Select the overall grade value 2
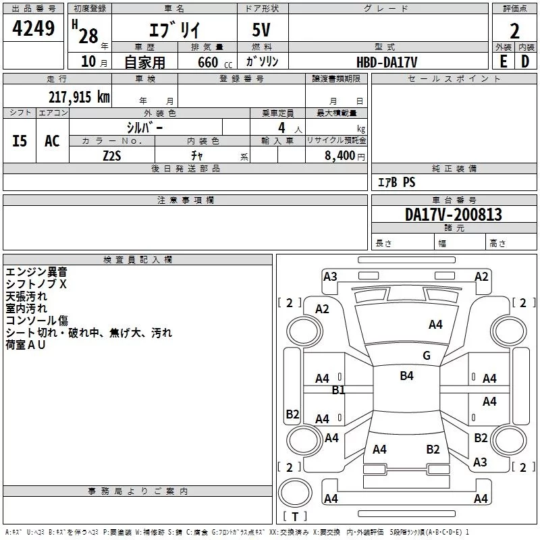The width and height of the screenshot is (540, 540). (x=514, y=30)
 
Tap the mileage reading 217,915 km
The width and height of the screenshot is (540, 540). (x=79, y=97)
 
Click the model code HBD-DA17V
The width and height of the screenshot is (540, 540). (x=387, y=61)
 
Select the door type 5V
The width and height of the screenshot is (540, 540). (x=263, y=30)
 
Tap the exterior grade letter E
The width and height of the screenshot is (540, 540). (x=503, y=61)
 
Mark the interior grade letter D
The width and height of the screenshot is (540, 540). (x=525, y=61)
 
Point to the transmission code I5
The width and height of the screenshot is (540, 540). (x=20, y=140)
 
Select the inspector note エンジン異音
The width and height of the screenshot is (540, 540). (x=36, y=272)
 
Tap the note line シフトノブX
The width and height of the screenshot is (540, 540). (x=36, y=284)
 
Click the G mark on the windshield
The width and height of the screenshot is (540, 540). (x=426, y=356)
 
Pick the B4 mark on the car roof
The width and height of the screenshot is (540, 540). (x=406, y=376)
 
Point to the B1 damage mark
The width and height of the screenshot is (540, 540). (x=338, y=389)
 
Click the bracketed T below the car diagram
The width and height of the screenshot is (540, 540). (x=294, y=517)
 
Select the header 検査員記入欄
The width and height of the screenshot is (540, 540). (x=138, y=259)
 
